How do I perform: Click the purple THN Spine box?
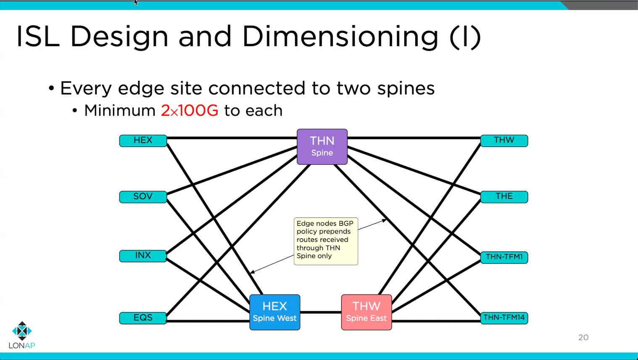pos(322,146)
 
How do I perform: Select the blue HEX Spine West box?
pos(274,312)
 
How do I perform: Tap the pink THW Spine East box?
pos(366,312)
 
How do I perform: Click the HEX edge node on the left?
pos(143,140)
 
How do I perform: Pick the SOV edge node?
pos(143,196)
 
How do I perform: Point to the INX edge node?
pos(143,256)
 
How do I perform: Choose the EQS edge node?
pos(143,318)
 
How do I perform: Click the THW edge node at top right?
pos(504,140)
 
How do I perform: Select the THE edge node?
pos(504,196)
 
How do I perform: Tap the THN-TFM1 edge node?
pos(504,257)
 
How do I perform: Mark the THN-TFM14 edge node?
pos(504,318)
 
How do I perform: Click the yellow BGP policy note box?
pos(326,241)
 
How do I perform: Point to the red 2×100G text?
pos(190,111)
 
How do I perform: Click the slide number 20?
pos(583,337)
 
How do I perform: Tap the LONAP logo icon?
pos(22,331)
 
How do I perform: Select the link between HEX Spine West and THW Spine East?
pos(321,312)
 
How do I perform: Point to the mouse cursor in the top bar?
pos(136,3)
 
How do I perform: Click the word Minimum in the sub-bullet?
pos(120,111)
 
